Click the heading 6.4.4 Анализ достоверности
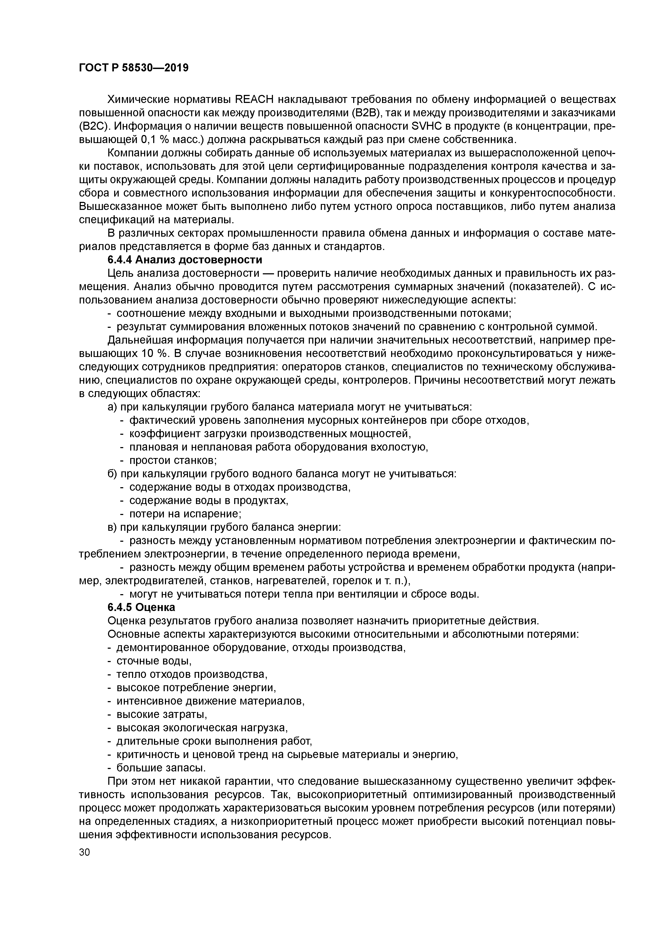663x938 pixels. [185, 260]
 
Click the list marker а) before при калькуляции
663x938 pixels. [112, 407]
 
